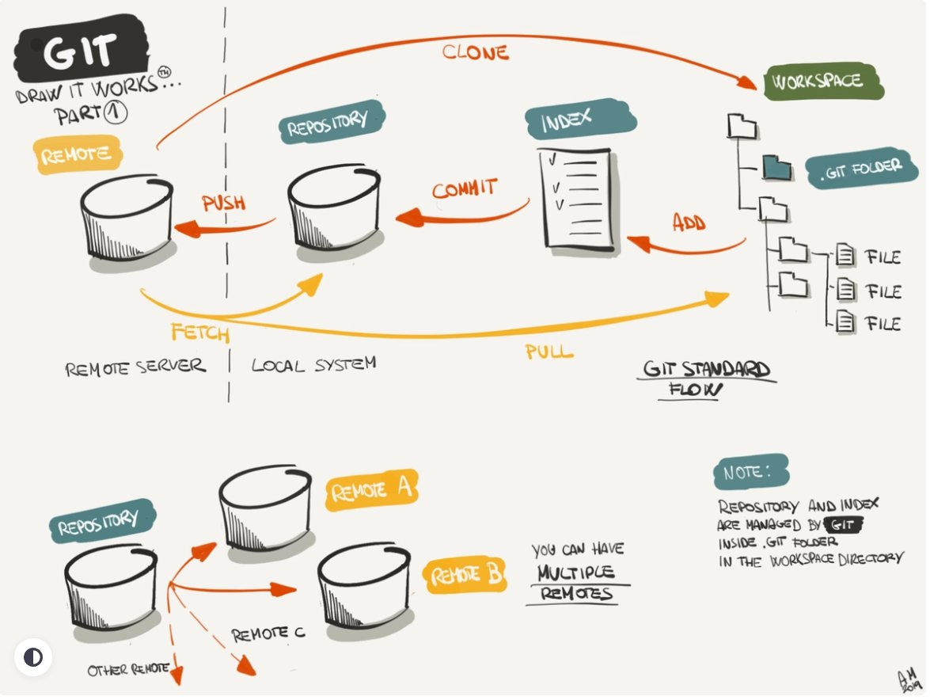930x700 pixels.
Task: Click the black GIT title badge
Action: click(78, 54)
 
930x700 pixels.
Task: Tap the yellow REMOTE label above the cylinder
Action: click(78, 154)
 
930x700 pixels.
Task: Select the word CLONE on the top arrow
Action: click(475, 53)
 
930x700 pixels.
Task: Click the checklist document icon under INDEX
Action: click(576, 200)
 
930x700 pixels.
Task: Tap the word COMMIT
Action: click(465, 188)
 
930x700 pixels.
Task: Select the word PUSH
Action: click(223, 203)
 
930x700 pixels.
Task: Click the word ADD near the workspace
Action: click(689, 222)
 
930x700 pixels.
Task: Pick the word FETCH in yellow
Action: click(199, 332)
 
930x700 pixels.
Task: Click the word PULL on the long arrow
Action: click(549, 351)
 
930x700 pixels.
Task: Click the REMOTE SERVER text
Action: click(135, 367)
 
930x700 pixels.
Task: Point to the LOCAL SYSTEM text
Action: click(313, 364)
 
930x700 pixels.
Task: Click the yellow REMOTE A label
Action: click(371, 491)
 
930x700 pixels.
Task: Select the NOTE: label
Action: click(740, 473)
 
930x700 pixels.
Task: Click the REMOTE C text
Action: click(268, 634)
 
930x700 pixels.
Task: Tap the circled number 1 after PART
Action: click(116, 114)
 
